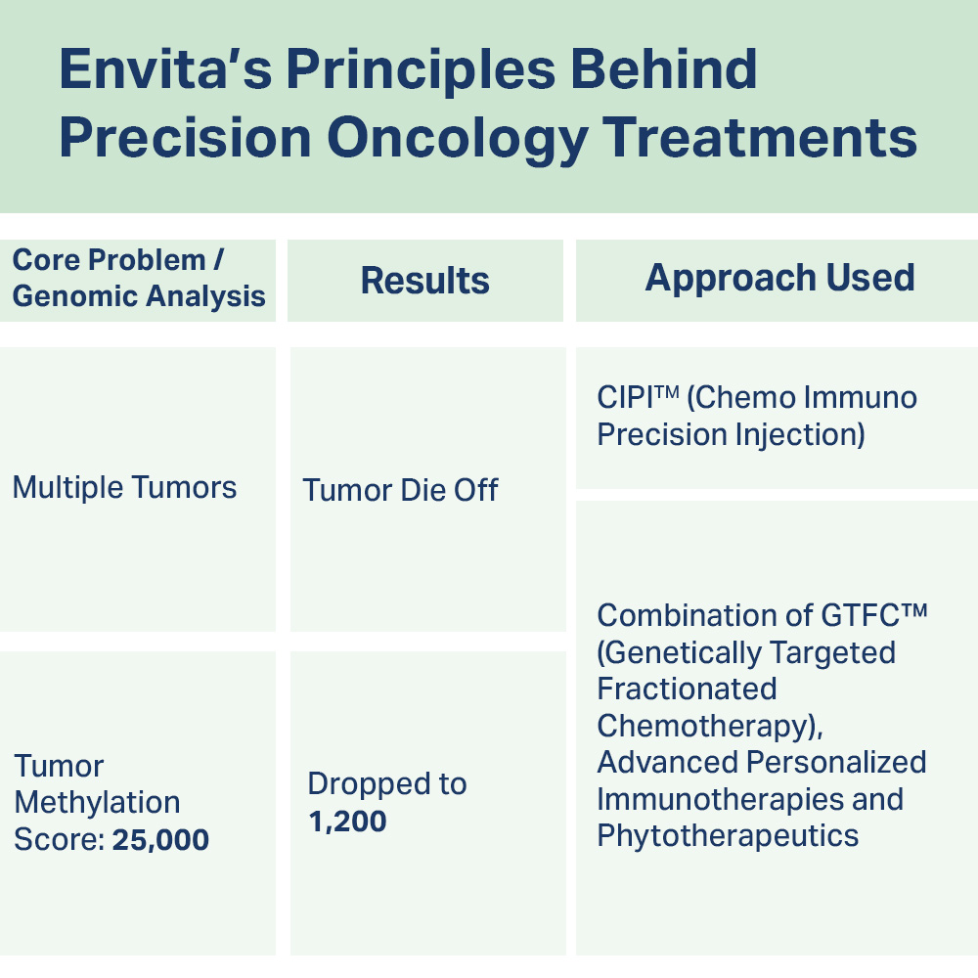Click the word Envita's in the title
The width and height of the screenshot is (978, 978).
166,68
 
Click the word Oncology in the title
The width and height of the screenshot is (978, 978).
458,140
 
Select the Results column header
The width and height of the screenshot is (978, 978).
424,280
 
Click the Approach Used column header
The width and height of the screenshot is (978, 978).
779,278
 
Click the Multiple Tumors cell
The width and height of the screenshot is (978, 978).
125,487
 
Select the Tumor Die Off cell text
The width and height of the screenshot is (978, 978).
400,490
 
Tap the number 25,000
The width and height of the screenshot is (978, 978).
160,839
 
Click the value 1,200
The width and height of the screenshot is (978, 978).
347,822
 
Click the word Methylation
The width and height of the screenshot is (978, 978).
97,803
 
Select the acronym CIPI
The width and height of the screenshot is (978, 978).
625,398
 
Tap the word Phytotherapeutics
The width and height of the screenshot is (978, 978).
728,836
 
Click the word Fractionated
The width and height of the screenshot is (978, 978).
687,689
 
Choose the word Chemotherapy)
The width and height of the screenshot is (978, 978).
710,726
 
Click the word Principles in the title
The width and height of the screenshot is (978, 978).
421,69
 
